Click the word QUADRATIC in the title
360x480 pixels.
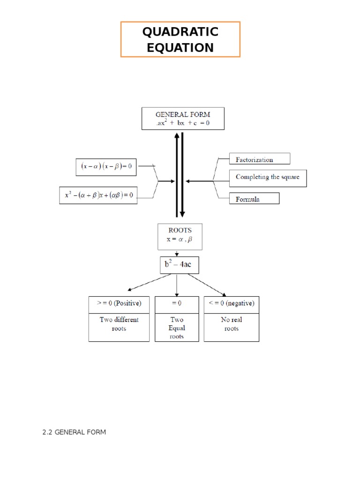pos(180,32)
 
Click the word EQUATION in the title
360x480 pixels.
pos(180,47)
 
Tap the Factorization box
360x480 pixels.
pos(259,159)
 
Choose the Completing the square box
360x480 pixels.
pos(268,178)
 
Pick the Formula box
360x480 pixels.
pos(254,199)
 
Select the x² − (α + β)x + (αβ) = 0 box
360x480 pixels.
pos(98,195)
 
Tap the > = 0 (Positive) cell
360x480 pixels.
pos(119,304)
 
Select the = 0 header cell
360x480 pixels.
pos(176,304)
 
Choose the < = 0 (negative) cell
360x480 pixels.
pos(231,304)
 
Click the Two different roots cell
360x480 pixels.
pos(119,324)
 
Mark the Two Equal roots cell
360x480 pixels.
pos(176,328)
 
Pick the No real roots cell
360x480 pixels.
pos(231,324)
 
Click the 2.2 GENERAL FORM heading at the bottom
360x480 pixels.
pos(74,432)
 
